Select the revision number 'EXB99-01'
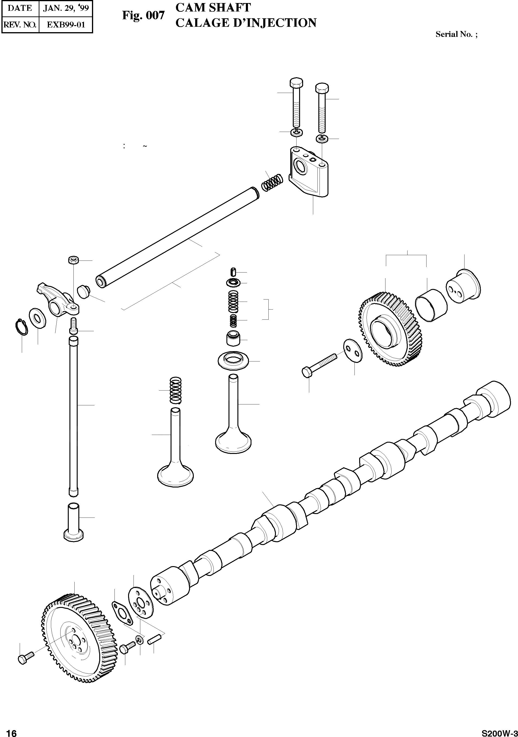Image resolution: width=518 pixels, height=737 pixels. pyautogui.click(x=66, y=25)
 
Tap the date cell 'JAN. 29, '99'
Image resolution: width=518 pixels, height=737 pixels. pyautogui.click(x=66, y=8)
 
